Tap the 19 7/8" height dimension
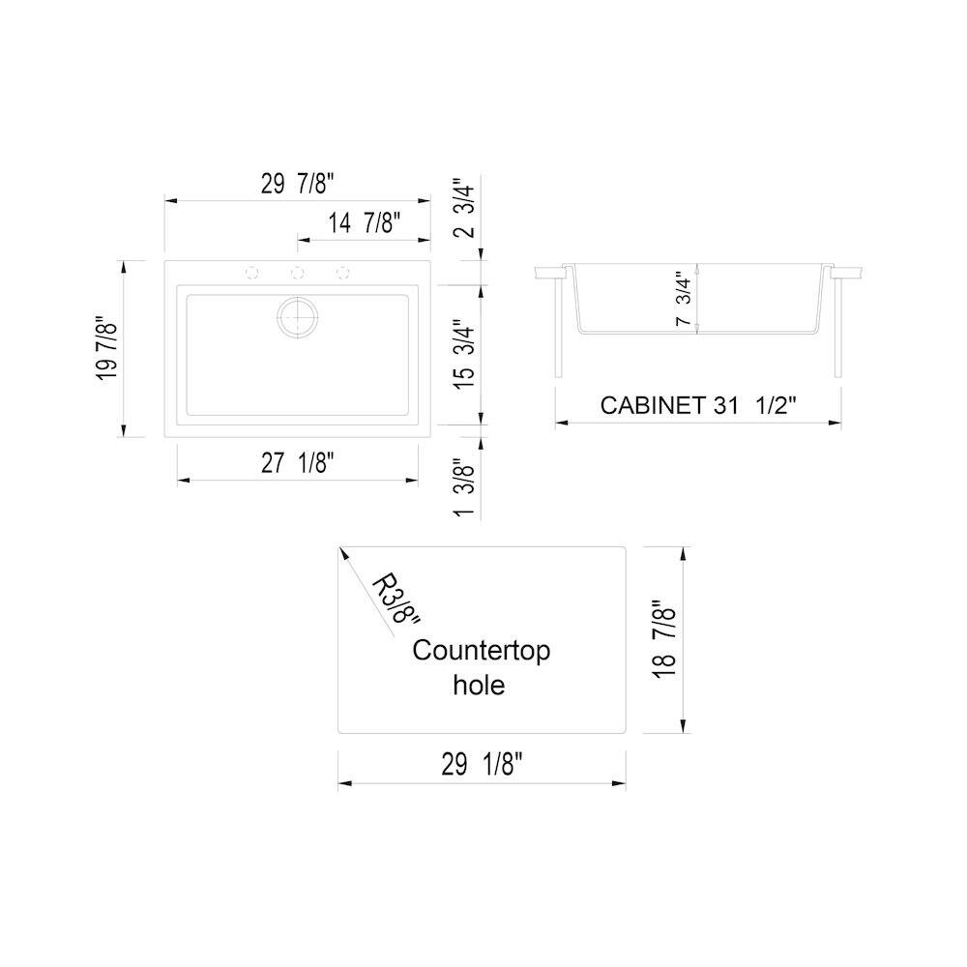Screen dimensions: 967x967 coord(106,348)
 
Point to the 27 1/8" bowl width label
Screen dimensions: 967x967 coord(297,463)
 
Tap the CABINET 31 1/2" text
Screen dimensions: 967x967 coord(697,405)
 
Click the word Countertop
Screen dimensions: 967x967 coord(481,651)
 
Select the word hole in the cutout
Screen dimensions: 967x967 coord(479,686)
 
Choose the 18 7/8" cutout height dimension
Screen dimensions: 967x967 coord(664,640)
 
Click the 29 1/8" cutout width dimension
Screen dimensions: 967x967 coord(482,766)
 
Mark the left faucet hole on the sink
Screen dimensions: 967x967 coord(253,273)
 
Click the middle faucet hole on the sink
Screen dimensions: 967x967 coord(298,273)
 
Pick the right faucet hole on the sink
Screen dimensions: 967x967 coord(342,273)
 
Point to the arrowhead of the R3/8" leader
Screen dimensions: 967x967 coord(341,551)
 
